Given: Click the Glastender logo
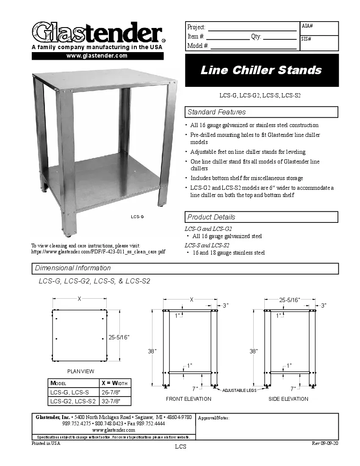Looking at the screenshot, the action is (x=97, y=32).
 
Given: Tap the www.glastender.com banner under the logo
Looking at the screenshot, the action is (x=97, y=56).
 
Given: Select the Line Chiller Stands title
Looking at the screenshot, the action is (x=261, y=70).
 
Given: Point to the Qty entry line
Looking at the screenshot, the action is (x=280, y=37).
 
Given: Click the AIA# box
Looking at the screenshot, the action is (x=319, y=28).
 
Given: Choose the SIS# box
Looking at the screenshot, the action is (x=319, y=43).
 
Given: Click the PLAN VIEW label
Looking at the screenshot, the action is (x=81, y=372).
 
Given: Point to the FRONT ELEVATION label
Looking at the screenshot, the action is (x=188, y=399).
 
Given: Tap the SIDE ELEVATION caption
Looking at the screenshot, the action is (x=288, y=399).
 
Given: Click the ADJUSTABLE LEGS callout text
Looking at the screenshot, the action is (x=239, y=390).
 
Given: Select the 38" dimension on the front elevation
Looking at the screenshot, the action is (x=152, y=351).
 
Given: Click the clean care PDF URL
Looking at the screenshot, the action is (x=98, y=252).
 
